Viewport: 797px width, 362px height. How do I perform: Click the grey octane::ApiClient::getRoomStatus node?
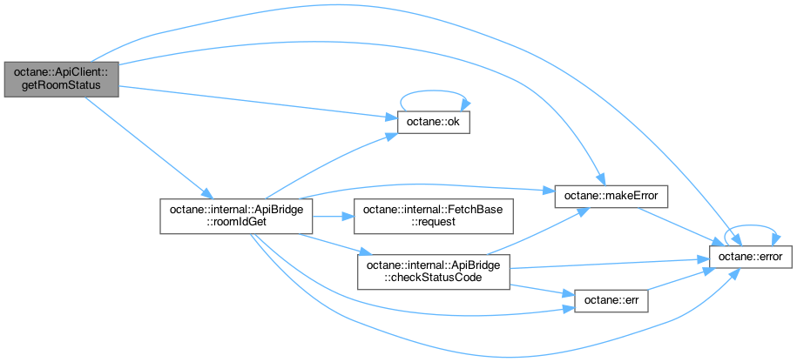pyautogui.click(x=60, y=78)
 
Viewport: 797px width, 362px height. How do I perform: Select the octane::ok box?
pyautogui.click(x=434, y=123)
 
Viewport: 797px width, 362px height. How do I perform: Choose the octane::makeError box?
pyautogui.click(x=611, y=197)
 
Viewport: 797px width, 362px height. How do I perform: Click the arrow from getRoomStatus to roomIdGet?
pyautogui.click(x=148, y=147)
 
